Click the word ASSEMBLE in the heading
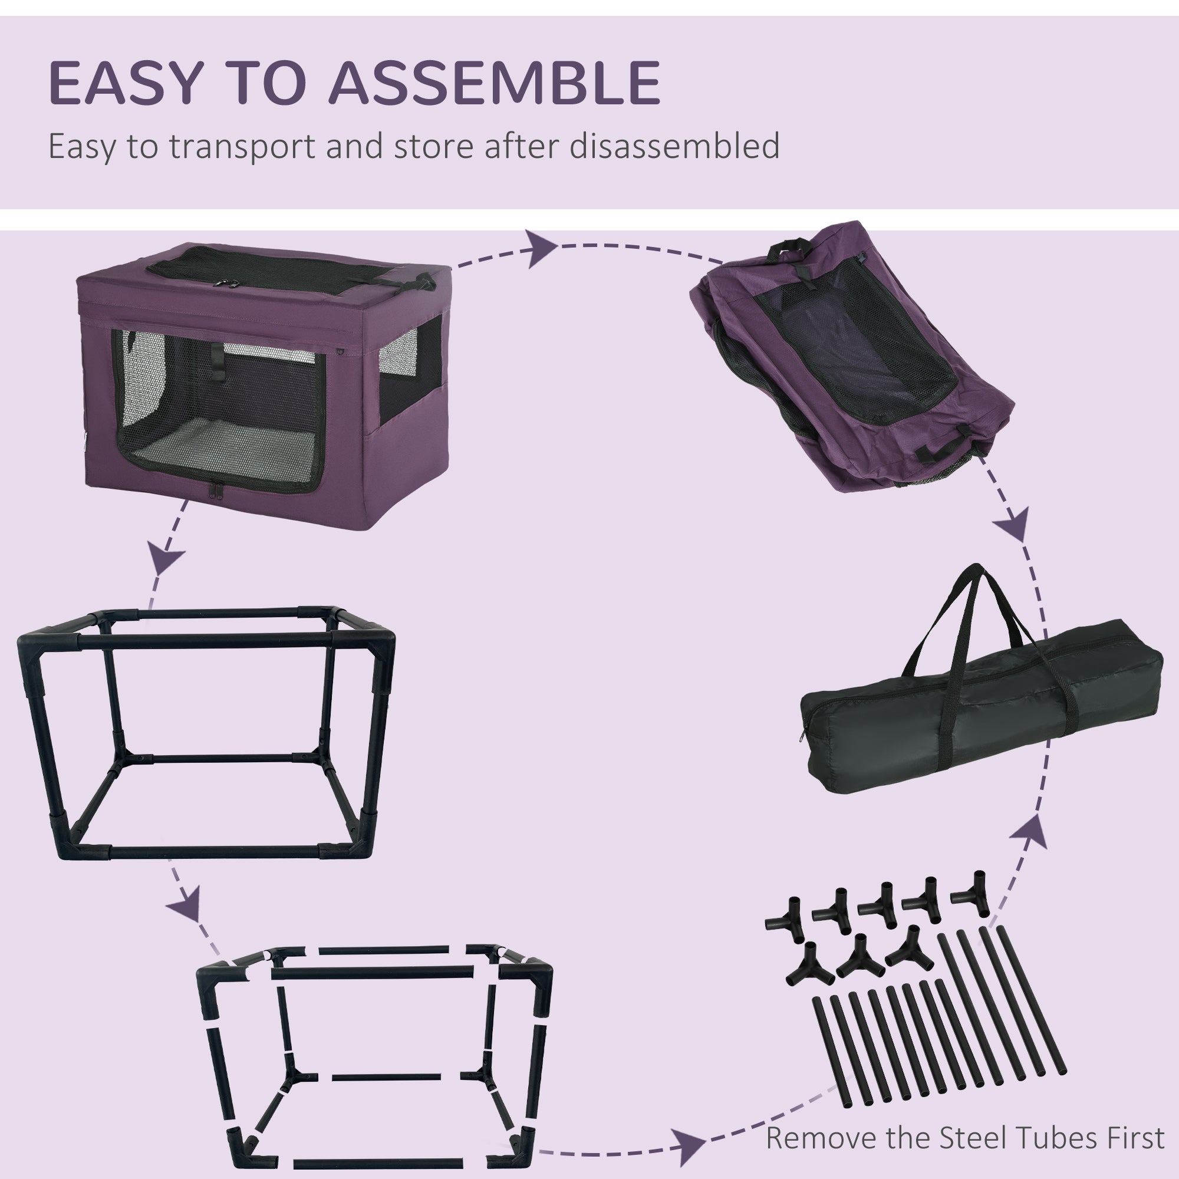pos(495,83)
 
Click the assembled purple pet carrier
pos(262,391)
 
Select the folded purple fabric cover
pos(854,360)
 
